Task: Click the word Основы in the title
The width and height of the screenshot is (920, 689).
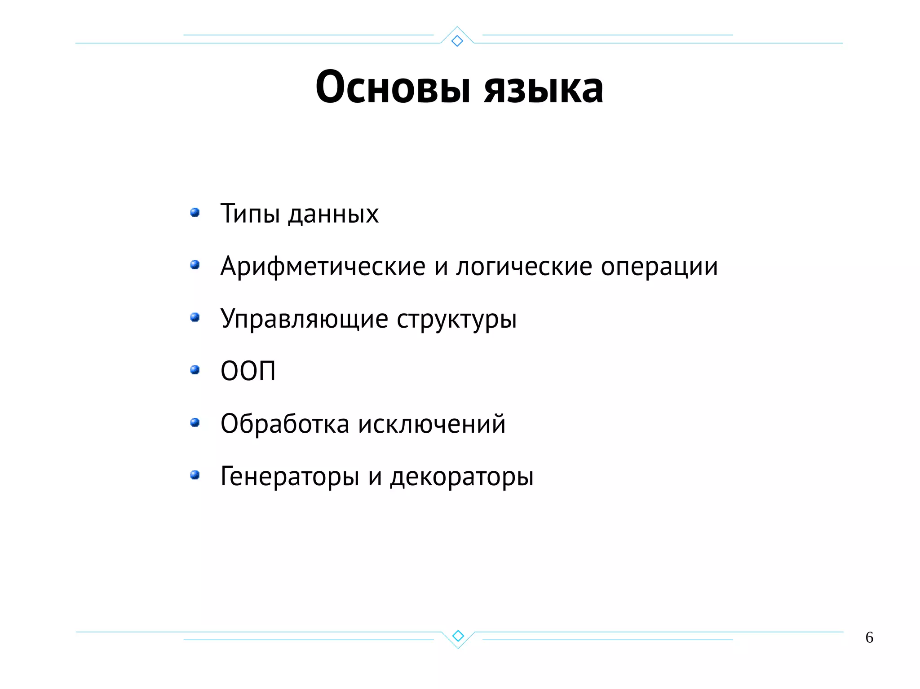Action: click(393, 87)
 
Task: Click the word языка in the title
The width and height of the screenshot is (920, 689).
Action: click(543, 88)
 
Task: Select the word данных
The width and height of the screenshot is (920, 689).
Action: click(333, 215)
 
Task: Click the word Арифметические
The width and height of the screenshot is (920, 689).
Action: click(323, 267)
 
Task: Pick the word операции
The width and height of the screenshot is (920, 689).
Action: click(659, 267)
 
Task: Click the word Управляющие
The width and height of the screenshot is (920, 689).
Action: click(304, 319)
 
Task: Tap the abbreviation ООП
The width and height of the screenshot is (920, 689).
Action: click(248, 371)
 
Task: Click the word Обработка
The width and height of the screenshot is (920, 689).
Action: click(285, 424)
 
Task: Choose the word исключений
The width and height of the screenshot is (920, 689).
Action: click(432, 424)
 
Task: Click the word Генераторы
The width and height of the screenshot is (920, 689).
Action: click(290, 477)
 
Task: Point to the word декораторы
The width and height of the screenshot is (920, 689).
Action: click(462, 477)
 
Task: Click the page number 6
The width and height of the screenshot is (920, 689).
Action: click(869, 637)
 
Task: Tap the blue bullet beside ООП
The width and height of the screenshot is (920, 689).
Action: click(195, 370)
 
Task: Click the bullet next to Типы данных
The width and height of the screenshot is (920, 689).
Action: click(195, 212)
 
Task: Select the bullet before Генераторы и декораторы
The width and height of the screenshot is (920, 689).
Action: click(195, 475)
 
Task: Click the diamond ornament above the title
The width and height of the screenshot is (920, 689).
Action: click(457, 41)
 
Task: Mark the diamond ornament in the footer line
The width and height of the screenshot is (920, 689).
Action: click(458, 636)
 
